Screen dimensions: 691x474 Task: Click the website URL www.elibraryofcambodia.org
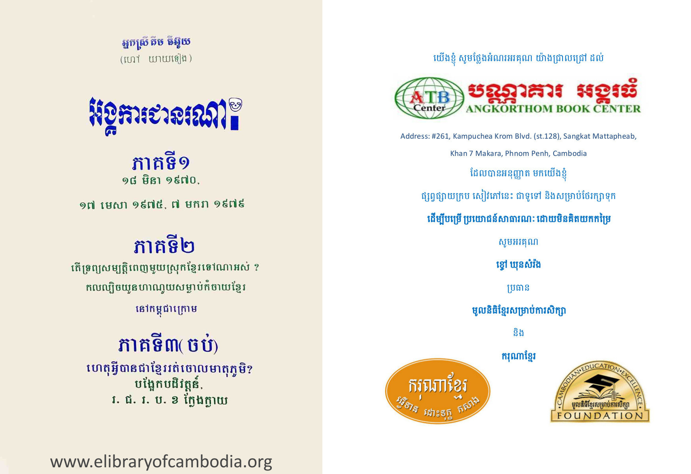click(161, 461)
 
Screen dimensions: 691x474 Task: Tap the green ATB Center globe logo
click(429, 98)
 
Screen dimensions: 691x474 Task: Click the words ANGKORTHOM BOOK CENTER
click(553, 109)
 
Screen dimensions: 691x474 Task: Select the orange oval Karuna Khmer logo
click(437, 391)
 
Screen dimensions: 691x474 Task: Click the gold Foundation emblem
click(600, 391)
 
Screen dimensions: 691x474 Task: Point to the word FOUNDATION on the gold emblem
click(600, 416)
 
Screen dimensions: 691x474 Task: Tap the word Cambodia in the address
click(570, 153)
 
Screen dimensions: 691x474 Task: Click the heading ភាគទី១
click(161, 162)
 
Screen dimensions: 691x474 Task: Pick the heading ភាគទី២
click(164, 246)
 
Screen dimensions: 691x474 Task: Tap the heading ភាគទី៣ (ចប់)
click(168, 344)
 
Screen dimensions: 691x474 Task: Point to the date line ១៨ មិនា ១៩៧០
click(160, 181)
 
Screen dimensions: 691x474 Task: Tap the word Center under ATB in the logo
click(429, 107)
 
